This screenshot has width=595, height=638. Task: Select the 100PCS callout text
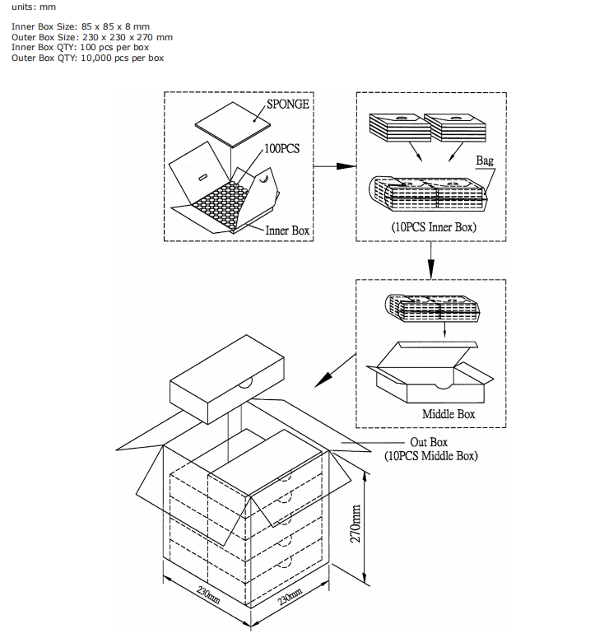tap(282, 150)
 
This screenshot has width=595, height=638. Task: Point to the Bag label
tap(485, 161)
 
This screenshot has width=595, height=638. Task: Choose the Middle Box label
tap(449, 413)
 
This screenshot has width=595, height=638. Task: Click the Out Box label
tap(429, 443)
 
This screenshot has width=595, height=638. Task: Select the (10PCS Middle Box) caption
tap(431, 456)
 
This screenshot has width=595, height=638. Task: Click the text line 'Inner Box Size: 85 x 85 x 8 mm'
tap(81, 26)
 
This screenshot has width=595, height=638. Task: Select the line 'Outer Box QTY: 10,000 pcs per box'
tap(87, 58)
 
